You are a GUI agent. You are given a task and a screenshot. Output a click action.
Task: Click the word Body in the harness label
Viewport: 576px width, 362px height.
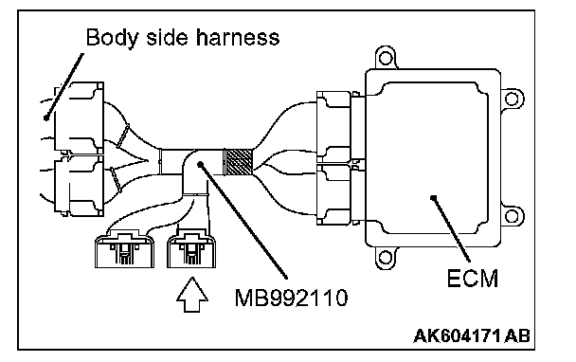[x=111, y=38]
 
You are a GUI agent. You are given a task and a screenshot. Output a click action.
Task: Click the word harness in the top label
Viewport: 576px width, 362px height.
[x=238, y=38]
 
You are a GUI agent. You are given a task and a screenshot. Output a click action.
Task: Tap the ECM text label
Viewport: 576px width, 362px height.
[x=473, y=279]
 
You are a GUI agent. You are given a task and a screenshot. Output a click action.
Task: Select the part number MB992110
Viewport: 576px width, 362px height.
[x=291, y=298]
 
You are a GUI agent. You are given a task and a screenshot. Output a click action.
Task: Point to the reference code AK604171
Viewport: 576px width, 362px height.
[x=458, y=335]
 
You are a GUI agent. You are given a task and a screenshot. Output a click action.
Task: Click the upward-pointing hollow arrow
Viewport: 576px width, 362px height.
[x=192, y=295]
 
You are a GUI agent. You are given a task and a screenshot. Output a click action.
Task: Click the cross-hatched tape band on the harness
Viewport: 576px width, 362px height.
[x=239, y=161]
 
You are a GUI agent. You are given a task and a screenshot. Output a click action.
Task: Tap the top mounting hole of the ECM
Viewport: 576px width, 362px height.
[x=386, y=58]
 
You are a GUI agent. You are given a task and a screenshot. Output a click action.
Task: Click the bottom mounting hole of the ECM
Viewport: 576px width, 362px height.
[x=386, y=257]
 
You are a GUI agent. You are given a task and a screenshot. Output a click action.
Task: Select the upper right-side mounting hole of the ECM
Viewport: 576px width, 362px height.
[x=512, y=99]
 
